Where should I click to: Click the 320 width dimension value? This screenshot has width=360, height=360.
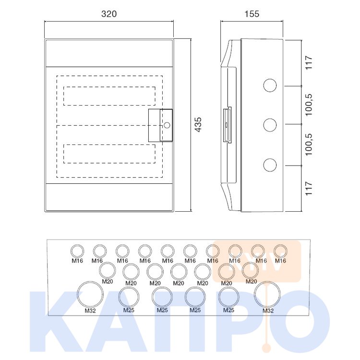coord(109,14)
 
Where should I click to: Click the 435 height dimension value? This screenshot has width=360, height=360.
coord(198,125)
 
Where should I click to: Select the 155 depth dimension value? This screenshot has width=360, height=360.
coord(252,14)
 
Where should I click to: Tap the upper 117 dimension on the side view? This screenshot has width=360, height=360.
coord(309,62)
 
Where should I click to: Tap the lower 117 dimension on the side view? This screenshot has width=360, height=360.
coord(309,188)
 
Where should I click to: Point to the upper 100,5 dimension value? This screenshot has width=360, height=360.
coord(309,105)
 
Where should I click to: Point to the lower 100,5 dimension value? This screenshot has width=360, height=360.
coord(309,144)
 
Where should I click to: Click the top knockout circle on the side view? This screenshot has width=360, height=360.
coord(270,79)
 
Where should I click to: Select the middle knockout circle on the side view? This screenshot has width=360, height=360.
coord(270,119)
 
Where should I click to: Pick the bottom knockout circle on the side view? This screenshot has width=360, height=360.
coord(270,159)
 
